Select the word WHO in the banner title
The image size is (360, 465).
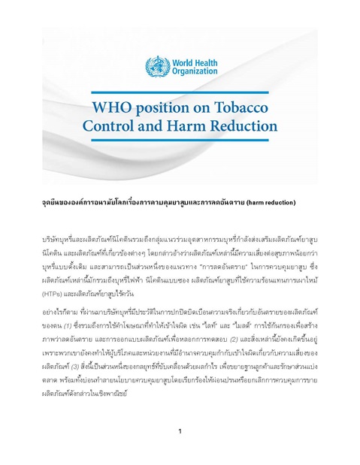point(110,106)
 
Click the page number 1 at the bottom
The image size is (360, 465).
point(180,431)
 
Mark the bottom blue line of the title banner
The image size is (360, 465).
point(180,140)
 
